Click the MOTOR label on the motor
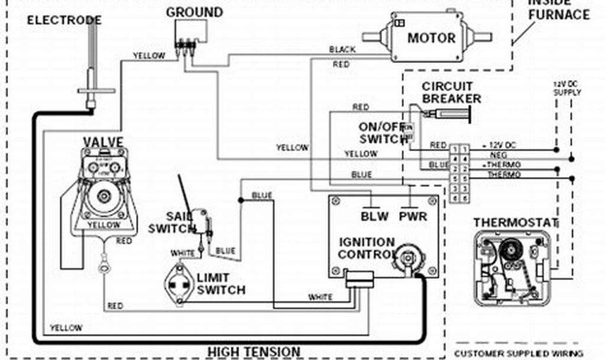(x=431, y=38)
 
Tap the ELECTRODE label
(x=64, y=21)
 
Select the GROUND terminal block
(x=188, y=43)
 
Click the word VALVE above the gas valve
(x=103, y=142)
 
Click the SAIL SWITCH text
(x=171, y=223)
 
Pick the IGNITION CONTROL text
(x=366, y=248)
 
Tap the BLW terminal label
(x=375, y=216)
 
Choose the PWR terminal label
(x=413, y=216)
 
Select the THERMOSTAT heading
(x=515, y=223)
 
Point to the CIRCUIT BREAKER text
(x=451, y=93)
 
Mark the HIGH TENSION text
(x=253, y=352)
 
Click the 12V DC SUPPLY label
(x=567, y=88)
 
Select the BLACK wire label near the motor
(x=342, y=50)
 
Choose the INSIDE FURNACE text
(x=558, y=10)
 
